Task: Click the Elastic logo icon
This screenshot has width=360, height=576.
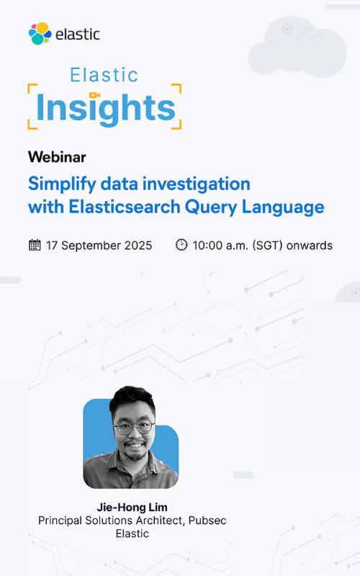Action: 40,33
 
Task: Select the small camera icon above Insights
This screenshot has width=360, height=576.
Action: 94,94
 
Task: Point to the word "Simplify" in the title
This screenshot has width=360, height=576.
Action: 60,183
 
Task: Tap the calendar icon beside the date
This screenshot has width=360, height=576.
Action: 35,245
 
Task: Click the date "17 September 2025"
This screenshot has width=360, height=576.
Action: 99,246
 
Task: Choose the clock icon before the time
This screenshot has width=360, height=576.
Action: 181,245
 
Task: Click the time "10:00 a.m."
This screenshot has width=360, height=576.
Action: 220,246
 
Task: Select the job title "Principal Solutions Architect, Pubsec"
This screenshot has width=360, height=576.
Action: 132,520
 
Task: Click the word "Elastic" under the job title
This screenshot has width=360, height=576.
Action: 132,534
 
